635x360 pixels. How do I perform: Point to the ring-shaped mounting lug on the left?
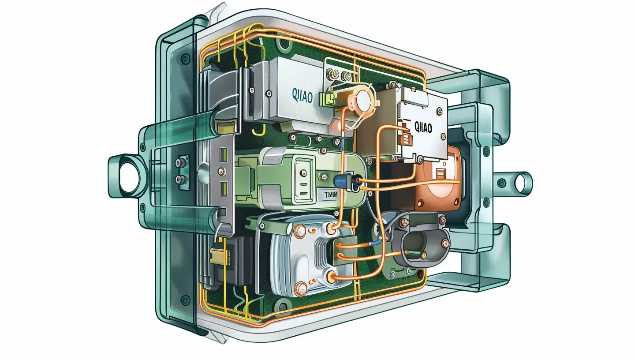tap(128, 176)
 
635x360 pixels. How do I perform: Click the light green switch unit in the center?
tap(300, 176)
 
